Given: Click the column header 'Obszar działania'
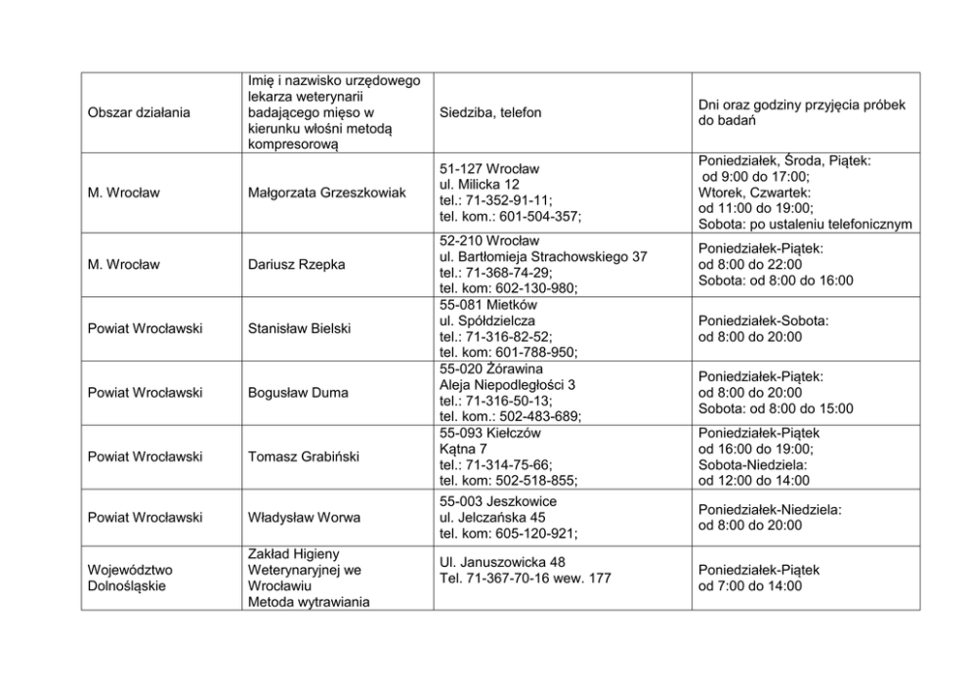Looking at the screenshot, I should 139,113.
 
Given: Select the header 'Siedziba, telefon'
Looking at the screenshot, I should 490,113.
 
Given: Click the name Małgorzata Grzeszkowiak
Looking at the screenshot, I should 326,193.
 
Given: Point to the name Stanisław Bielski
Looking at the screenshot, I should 299,328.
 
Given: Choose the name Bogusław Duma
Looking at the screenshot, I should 298,393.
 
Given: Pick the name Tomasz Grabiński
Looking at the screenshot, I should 305,456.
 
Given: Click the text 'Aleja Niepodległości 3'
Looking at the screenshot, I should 507,385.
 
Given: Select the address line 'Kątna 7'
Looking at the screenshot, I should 463,449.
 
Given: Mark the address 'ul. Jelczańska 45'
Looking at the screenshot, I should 492,517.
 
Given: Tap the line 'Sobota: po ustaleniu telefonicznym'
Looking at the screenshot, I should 805,225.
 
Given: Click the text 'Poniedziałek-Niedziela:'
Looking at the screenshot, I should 770,509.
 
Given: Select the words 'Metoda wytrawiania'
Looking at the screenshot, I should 308,602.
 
